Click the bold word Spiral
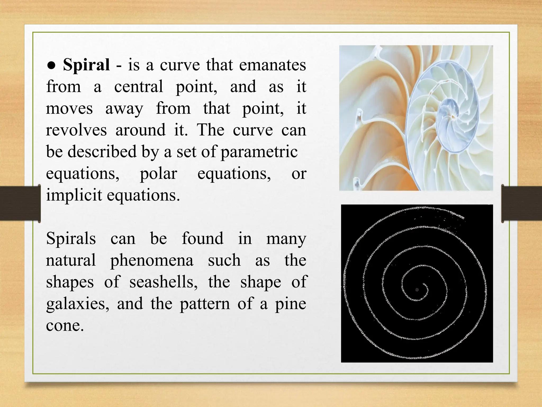(x=86, y=65)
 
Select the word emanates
(x=273, y=65)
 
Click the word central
(x=139, y=87)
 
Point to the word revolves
(x=76, y=130)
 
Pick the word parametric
(x=259, y=152)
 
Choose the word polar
(x=158, y=174)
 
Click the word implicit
(x=74, y=196)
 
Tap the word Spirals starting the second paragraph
(x=71, y=238)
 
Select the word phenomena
(x=152, y=260)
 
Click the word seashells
(x=163, y=282)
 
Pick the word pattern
(x=205, y=304)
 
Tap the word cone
(x=65, y=325)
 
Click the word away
(x=124, y=109)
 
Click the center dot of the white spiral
(x=417, y=290)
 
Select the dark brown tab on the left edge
(x=20, y=203)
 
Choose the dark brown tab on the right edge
(x=522, y=203)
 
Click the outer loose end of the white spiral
(x=463, y=218)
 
